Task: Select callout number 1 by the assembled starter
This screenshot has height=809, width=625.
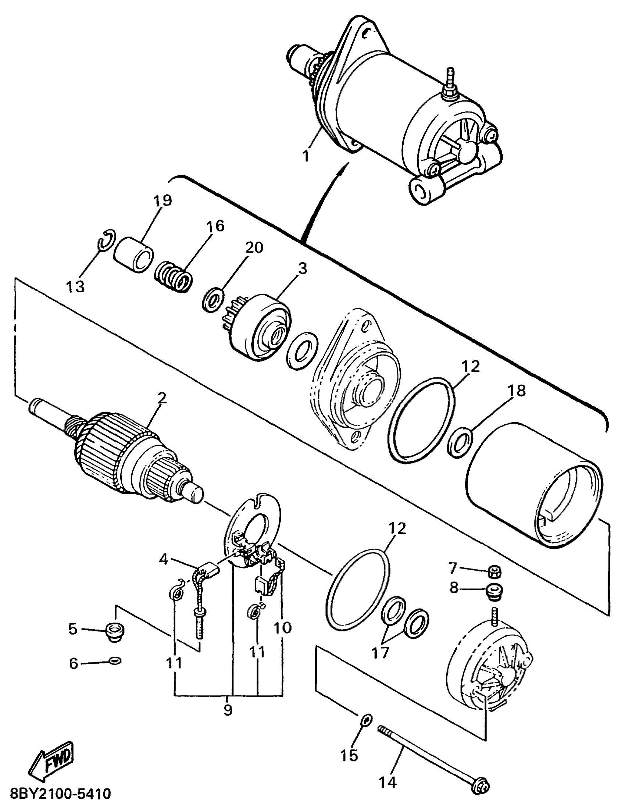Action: point(306,156)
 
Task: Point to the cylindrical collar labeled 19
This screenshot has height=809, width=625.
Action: point(133,255)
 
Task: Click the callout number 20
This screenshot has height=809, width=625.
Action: point(254,247)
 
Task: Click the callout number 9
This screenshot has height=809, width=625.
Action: point(227,710)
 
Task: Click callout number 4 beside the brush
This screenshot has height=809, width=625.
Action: point(163,559)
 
